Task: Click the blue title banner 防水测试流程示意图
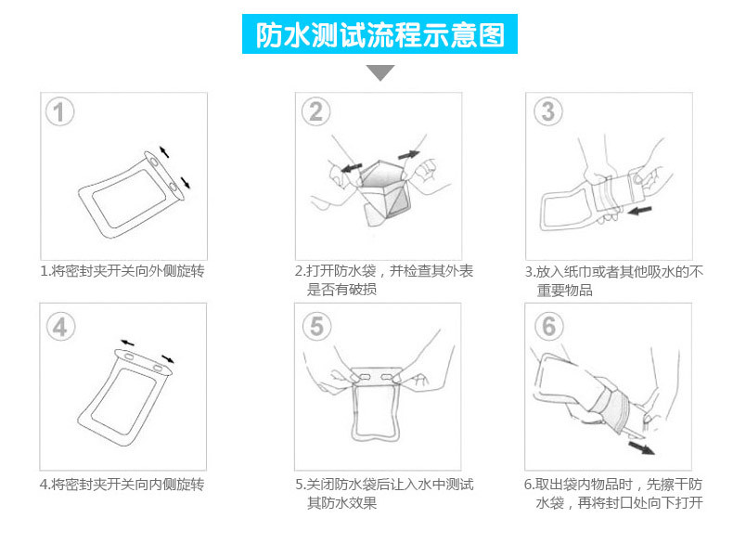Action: [379, 33]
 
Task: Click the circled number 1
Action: [59, 111]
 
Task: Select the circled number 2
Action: [316, 111]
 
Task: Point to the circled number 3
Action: [548, 111]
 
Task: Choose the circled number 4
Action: [60, 326]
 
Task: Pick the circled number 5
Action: [317, 326]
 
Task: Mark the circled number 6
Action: [548, 326]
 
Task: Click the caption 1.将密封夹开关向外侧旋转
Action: [122, 271]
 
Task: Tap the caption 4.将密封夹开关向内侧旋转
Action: [122, 485]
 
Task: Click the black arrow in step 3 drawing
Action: [639, 210]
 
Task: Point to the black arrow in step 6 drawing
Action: [641, 447]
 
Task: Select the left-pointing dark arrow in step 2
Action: [351, 167]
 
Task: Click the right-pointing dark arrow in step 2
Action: [408, 154]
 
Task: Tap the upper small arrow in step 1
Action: [164, 152]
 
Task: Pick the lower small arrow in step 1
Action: [186, 183]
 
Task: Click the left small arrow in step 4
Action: [127, 343]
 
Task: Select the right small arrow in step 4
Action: [168, 359]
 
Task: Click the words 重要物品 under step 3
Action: [565, 290]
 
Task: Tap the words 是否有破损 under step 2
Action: [341, 290]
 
